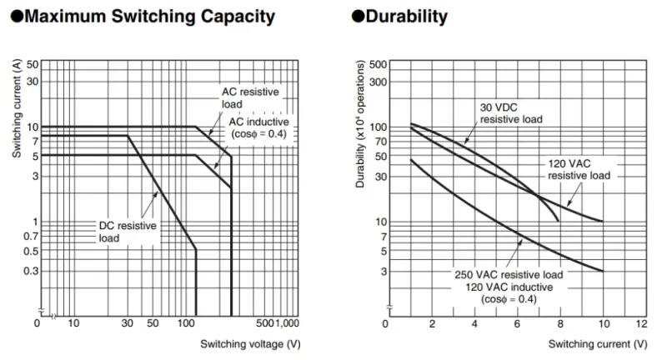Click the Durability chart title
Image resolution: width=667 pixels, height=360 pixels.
coord(399,16)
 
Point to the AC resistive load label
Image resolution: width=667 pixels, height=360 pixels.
coord(250,98)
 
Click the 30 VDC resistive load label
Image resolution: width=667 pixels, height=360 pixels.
coord(510,113)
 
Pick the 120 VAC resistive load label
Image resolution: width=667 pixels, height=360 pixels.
coord(579,169)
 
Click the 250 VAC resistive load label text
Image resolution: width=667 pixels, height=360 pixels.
coord(509,274)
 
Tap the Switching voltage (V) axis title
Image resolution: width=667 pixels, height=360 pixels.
coord(250,343)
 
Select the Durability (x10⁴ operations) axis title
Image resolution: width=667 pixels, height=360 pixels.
coord(361,123)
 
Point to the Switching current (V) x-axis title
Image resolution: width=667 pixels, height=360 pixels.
coord(598,343)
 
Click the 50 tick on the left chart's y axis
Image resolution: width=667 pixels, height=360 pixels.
coord(33,65)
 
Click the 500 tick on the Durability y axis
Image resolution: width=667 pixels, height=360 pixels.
coord(378,65)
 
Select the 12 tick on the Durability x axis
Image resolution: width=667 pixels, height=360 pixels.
coord(640,322)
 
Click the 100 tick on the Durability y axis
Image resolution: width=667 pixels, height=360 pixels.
coord(378,127)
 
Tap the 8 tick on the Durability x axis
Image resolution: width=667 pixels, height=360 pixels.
coord(559,322)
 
